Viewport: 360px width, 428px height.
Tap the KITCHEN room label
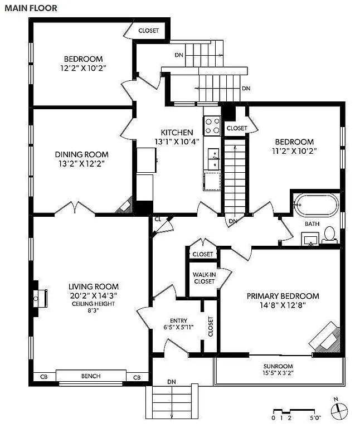[177, 133]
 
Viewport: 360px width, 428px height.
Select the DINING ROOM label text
[81, 154]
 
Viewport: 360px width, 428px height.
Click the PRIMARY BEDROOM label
[283, 296]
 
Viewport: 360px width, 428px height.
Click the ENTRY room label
[178, 320]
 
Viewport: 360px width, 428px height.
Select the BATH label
[312, 224]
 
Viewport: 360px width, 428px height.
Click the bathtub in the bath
[315, 205]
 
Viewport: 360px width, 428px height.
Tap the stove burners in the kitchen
[211, 125]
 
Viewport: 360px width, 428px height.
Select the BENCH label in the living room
[91, 376]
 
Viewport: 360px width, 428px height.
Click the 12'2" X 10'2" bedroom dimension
[83, 68]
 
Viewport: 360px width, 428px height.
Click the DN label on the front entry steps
[172, 382]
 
